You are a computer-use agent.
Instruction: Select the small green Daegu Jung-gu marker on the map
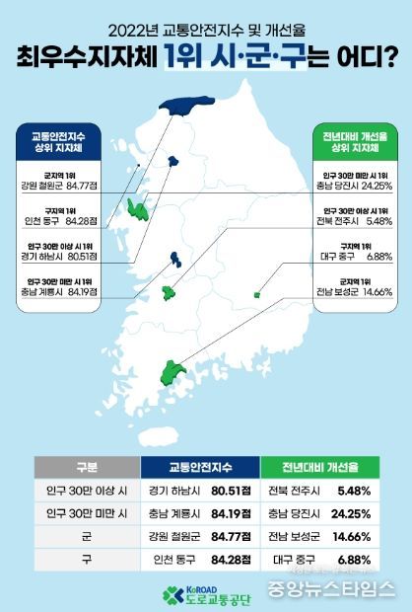(x=256, y=293)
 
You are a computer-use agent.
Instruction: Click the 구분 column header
(x=86, y=467)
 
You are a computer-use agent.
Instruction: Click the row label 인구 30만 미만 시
(x=86, y=513)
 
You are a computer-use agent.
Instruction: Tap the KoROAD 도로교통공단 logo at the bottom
(x=205, y=594)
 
